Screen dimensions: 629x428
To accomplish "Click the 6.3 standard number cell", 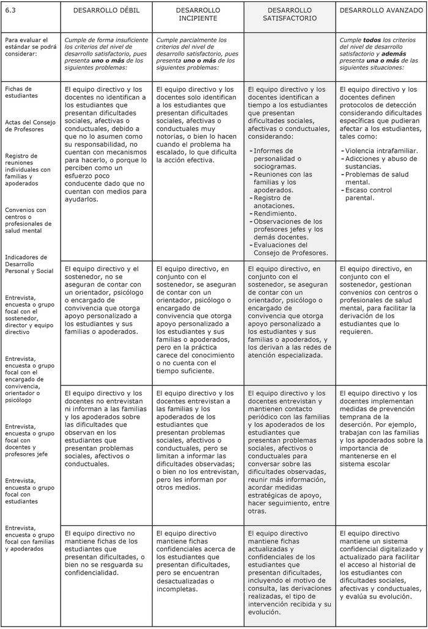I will tap(10, 10).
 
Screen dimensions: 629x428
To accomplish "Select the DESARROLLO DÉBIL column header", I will tap(106, 10).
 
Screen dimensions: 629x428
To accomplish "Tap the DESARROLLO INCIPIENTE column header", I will tap(198, 14).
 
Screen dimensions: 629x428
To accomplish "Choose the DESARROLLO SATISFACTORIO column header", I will tap(290, 14).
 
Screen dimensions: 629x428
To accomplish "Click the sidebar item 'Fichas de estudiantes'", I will tap(21, 92).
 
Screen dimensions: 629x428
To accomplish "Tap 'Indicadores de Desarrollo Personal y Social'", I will tap(29, 263).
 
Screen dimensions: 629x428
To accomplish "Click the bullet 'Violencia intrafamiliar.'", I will tap(382, 150).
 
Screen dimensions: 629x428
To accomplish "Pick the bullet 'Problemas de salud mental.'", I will tap(375, 178).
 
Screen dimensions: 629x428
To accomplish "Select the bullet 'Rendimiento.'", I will tap(275, 214).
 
